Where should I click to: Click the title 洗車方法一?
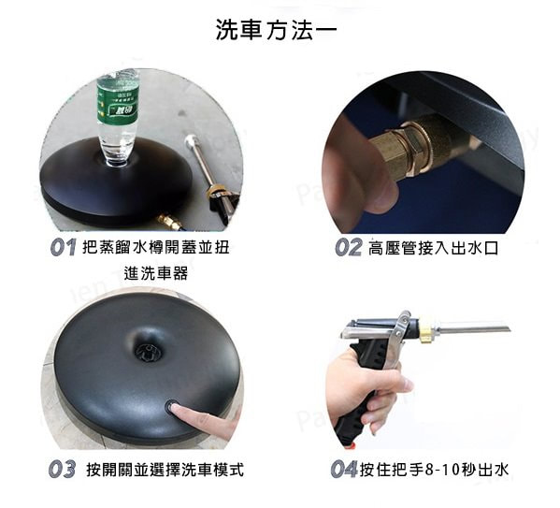click(276, 29)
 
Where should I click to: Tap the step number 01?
click(64, 247)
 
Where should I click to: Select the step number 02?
click(348, 247)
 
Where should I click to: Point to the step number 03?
click(62, 469)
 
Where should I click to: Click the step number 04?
click(344, 469)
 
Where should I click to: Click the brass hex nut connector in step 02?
click(410, 149)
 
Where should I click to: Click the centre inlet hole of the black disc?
click(149, 352)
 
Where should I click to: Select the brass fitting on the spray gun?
click(424, 329)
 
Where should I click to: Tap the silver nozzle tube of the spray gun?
click(471, 327)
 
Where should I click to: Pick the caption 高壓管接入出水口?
click(433, 248)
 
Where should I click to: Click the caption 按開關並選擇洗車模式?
click(165, 470)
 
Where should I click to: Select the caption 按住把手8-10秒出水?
click(434, 470)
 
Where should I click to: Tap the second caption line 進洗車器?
click(156, 273)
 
